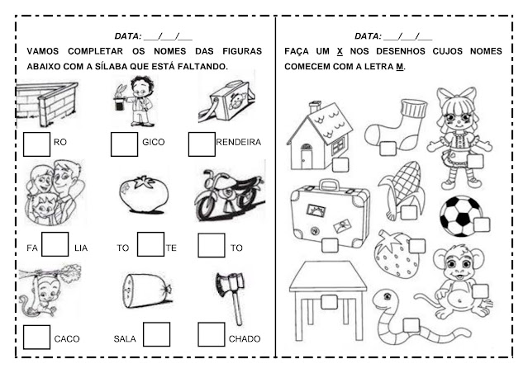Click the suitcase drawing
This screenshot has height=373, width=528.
329,214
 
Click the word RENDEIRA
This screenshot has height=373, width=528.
238,142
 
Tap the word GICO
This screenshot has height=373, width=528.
154,142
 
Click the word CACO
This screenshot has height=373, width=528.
66,338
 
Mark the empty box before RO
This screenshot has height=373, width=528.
36,144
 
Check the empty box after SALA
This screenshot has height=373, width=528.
156,334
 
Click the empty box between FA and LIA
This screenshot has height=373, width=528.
55,244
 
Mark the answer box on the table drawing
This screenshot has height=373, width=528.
329,301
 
